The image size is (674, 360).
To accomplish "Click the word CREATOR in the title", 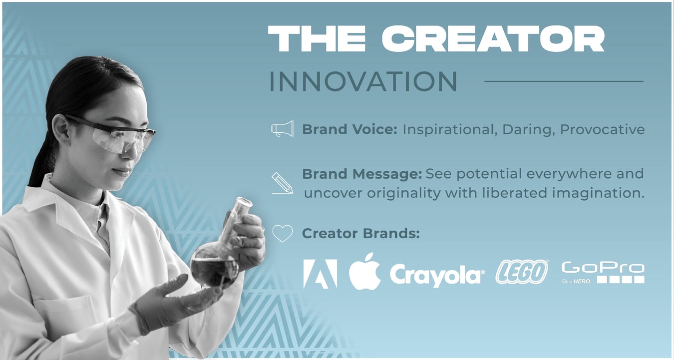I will coord(496,39).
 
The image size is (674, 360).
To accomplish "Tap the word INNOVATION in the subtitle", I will coord(363,82).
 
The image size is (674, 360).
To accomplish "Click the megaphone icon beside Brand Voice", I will coord(282,129).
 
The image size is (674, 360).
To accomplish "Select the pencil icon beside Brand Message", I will coord(282,183).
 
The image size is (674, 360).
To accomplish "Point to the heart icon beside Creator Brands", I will coord(282,233).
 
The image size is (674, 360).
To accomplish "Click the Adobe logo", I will coord(320,274).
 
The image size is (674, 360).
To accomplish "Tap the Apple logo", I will coord(364,272).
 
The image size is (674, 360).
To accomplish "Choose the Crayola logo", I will coord(437,275).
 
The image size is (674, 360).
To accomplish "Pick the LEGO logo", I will coord(522,272).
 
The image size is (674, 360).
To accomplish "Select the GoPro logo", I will coord(603,273).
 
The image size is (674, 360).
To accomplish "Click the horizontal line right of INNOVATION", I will coord(564,81).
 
